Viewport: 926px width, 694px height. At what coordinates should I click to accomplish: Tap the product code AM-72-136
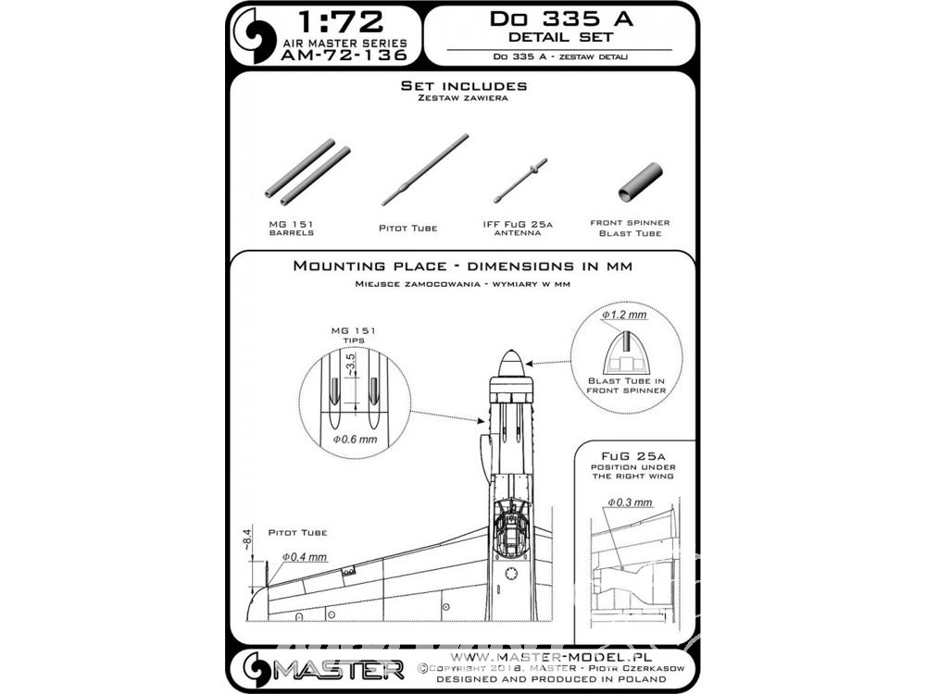pos(344,55)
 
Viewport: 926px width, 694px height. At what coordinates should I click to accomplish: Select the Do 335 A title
pos(560,19)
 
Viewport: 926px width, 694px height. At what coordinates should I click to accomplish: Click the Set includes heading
pos(464,85)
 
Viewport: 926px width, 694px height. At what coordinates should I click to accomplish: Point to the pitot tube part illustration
pos(425,170)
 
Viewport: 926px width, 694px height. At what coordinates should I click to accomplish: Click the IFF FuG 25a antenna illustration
pos(520,180)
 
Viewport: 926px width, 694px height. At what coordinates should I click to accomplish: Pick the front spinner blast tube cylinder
pos(640,182)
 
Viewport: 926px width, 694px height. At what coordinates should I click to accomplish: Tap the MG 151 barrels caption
pos(291,229)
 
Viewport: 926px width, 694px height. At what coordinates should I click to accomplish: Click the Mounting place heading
pos(462,266)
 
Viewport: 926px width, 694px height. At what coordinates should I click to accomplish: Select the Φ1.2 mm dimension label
pos(624,316)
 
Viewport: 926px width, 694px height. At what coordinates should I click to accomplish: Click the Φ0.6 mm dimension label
pos(355,439)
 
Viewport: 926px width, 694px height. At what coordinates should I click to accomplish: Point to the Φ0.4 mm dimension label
pos(304,557)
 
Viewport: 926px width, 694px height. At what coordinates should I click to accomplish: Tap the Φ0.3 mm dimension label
pos(630,502)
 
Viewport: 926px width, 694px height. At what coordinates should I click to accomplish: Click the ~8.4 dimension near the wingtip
pos(247,539)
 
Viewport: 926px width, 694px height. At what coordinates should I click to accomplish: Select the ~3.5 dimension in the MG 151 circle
pos(350,364)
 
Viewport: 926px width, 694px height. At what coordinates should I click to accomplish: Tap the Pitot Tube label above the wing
pos(297,532)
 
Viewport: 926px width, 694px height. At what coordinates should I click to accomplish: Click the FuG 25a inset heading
pos(633,456)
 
